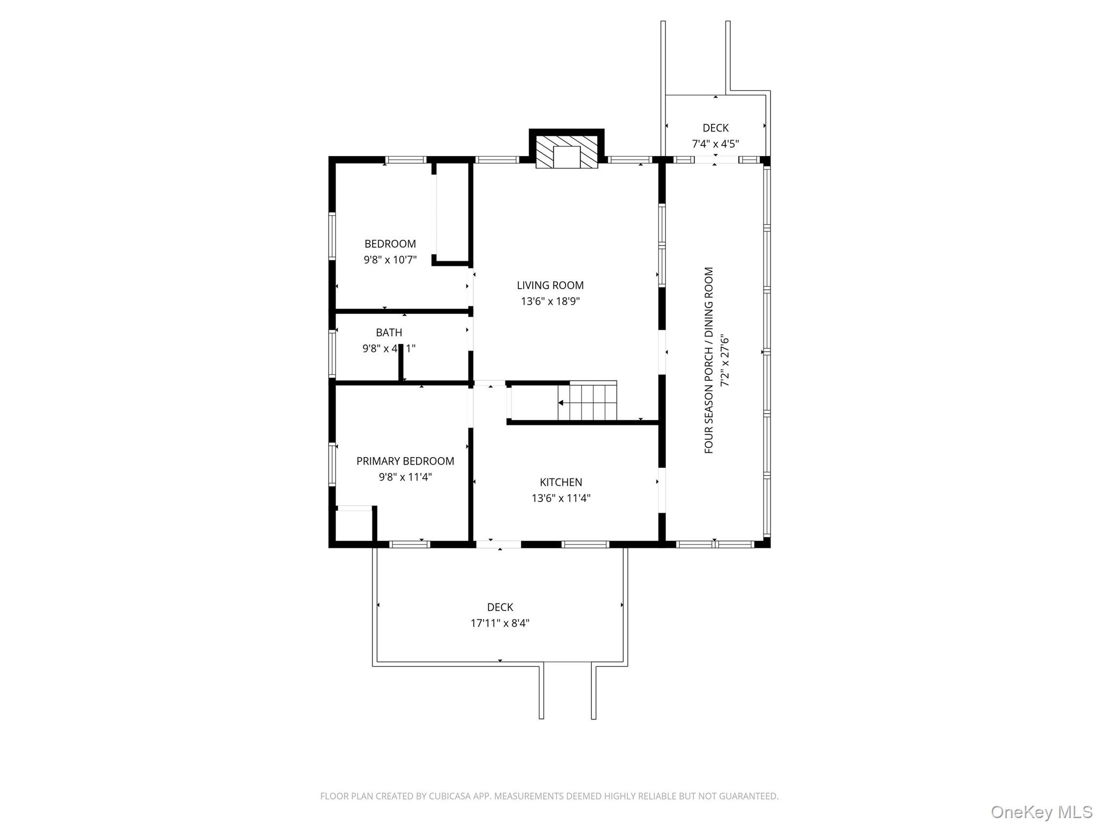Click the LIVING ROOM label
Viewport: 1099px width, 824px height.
pos(550,285)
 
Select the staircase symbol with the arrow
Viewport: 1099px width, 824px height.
pos(587,402)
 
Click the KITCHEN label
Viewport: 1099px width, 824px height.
pos(561,482)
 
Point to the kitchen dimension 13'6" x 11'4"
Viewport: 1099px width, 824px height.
pos(561,498)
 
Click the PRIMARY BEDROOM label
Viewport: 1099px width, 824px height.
pos(405,461)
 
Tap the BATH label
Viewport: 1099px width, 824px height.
pos(389,333)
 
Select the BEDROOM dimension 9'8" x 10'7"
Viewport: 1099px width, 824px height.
pos(390,260)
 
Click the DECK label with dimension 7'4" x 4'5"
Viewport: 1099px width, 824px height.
pos(715,128)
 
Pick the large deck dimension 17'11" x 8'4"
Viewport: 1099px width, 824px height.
pos(500,623)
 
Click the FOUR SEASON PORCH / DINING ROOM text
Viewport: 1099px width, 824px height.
pos(709,360)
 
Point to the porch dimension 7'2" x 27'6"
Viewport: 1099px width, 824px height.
pos(725,360)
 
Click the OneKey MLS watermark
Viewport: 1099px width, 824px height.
pos(1041,812)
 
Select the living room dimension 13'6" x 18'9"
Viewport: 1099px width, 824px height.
pos(550,301)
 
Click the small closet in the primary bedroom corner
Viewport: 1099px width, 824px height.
pos(354,525)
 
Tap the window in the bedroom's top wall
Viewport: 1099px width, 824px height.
pos(406,160)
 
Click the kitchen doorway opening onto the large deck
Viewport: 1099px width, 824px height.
pos(499,545)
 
